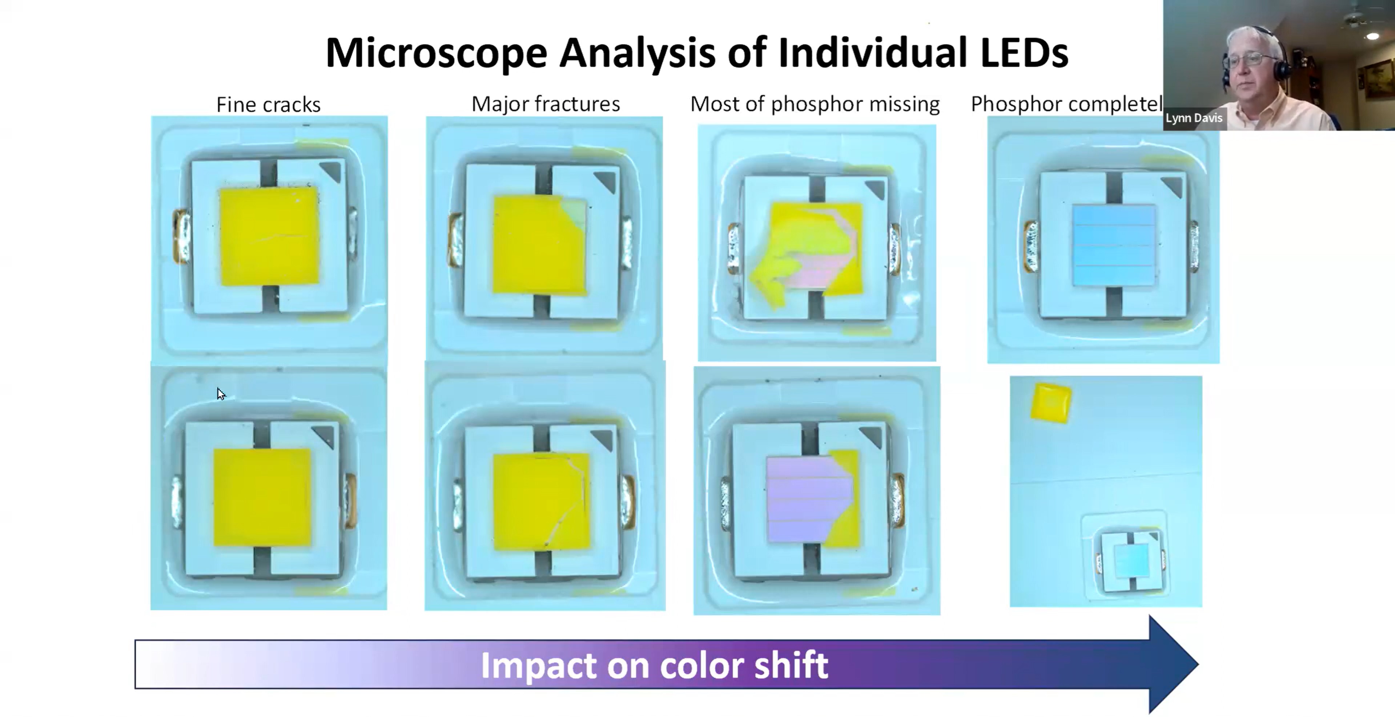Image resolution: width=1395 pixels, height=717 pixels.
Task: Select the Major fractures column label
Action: [x=545, y=104]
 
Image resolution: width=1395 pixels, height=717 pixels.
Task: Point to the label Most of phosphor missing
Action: [x=815, y=104]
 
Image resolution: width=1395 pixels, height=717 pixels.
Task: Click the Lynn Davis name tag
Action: [x=1194, y=118]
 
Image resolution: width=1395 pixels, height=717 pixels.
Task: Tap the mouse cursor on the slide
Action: [x=220, y=393]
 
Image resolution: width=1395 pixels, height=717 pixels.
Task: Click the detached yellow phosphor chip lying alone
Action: [x=1050, y=402]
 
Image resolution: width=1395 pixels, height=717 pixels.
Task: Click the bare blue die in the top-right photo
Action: [x=1113, y=244]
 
